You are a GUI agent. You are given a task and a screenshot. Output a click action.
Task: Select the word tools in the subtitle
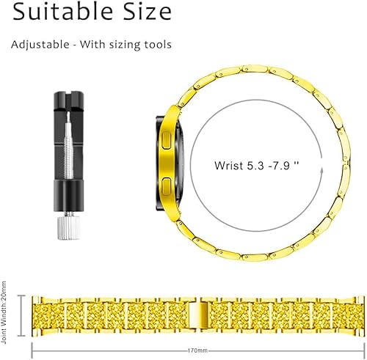156,45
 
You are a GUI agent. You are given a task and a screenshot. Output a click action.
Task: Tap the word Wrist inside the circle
229,165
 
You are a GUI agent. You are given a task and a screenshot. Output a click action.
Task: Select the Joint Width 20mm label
6,315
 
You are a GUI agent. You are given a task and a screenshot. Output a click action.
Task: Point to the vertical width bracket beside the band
21,315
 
